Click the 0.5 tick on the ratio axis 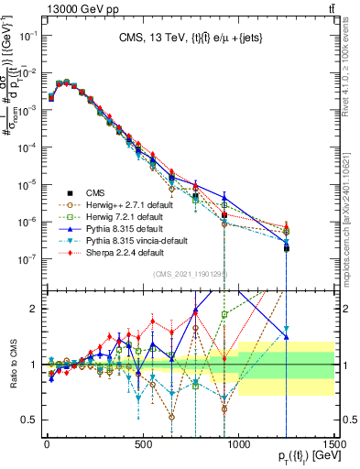(x=33, y=420)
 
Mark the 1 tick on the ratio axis (x=37, y=365)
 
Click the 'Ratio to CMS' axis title (x=12, y=365)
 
